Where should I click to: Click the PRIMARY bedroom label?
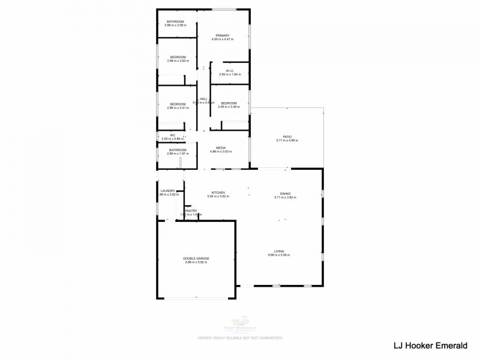(223, 35)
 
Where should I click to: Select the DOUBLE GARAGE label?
(196, 259)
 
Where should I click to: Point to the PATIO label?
(287, 137)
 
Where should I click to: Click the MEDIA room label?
(218, 148)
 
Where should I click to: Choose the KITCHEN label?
(218, 193)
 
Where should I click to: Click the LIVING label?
(280, 251)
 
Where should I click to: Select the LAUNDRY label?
(167, 191)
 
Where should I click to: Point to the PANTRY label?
(191, 211)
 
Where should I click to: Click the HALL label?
(203, 99)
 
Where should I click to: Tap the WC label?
(172, 135)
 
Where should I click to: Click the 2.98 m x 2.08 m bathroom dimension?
(176, 25)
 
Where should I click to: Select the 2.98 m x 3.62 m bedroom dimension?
(178, 61)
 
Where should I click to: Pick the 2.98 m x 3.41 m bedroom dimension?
(178, 108)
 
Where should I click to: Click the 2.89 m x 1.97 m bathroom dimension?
(178, 154)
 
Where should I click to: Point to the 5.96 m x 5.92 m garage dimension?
(196, 262)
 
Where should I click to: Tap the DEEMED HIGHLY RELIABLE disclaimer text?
(240, 338)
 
